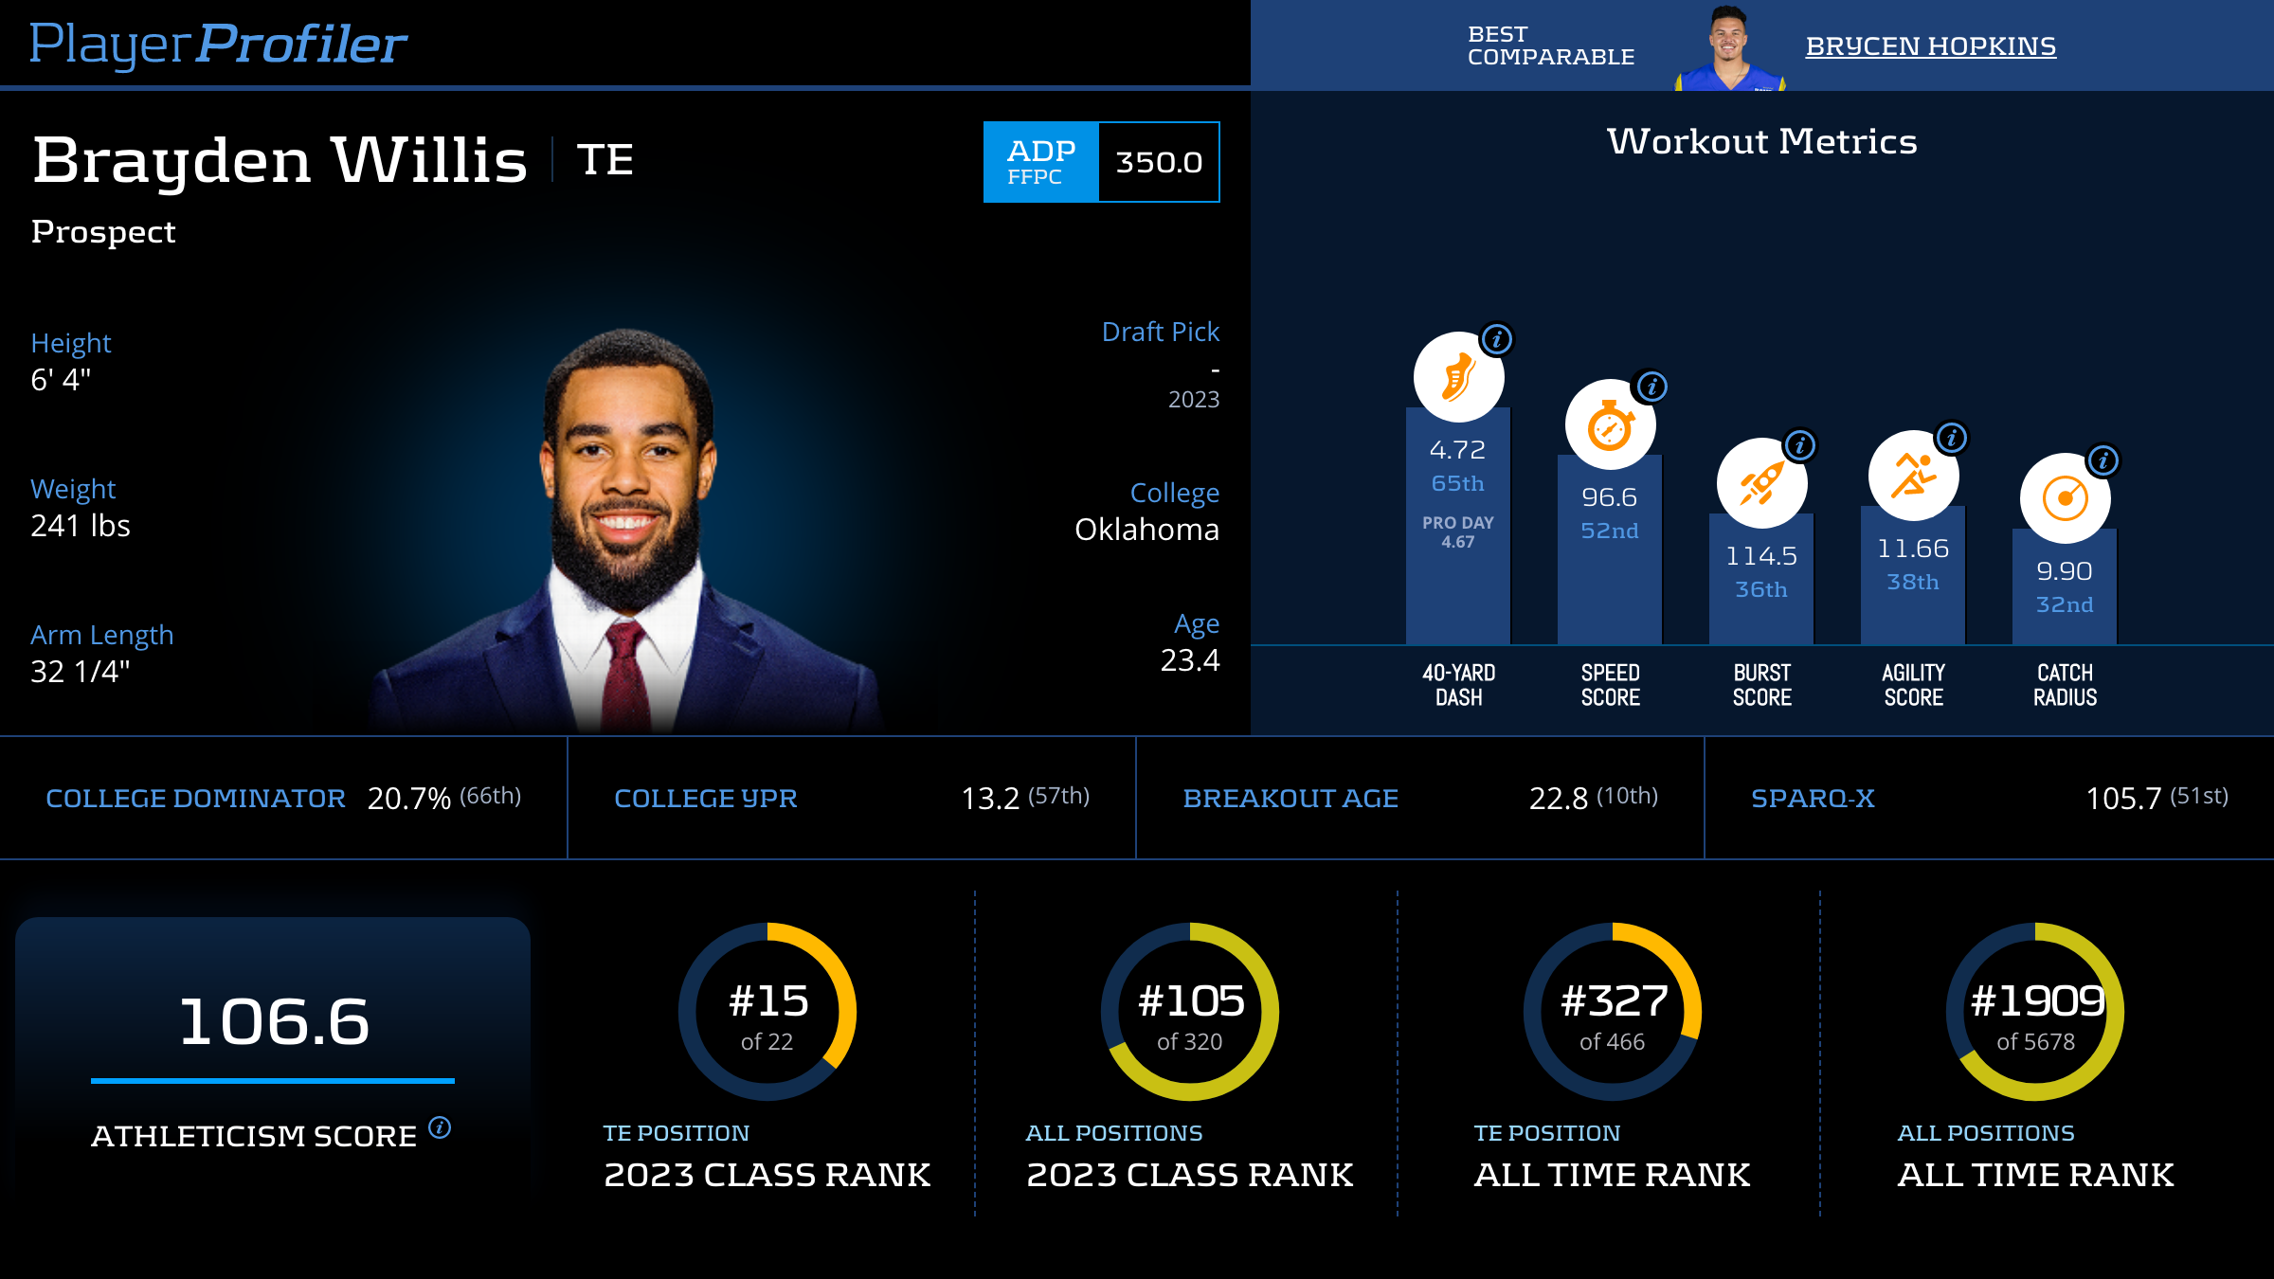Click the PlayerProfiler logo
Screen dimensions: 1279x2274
coord(218,44)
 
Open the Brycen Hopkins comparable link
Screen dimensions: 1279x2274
coord(1930,45)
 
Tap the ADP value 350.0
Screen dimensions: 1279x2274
coord(1158,162)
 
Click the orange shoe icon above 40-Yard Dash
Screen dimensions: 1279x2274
coord(1458,377)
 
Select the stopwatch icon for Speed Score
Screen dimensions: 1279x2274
coord(1610,425)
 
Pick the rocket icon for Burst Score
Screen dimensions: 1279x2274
coord(1761,483)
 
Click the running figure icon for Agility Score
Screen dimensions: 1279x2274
coord(1913,476)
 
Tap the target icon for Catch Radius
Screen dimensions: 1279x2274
coord(2065,498)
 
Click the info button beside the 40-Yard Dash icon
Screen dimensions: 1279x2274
coord(1497,339)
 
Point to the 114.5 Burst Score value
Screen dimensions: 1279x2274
coord(1761,555)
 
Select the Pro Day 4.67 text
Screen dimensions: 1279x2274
coord(1458,532)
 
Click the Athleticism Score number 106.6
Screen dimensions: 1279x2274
coord(274,1021)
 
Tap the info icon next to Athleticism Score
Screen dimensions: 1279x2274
coord(440,1127)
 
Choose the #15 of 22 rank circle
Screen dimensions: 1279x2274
coord(767,1012)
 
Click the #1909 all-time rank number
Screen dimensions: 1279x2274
coord(2036,1000)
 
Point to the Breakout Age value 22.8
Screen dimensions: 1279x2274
coord(1558,799)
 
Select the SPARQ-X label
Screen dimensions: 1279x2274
coord(1813,799)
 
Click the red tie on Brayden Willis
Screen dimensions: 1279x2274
coord(628,673)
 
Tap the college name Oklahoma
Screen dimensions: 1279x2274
coord(1146,530)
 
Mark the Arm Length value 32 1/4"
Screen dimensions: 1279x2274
coord(81,672)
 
